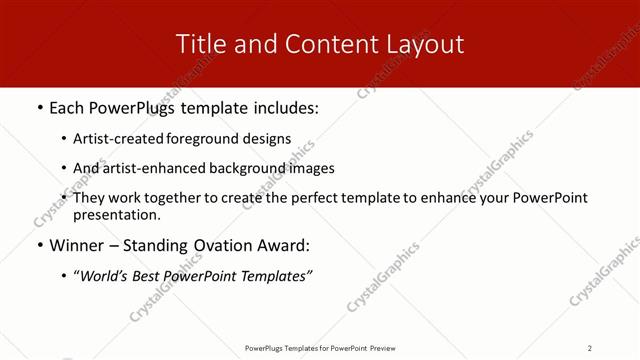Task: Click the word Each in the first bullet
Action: tap(67, 107)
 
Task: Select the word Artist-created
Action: tap(120, 139)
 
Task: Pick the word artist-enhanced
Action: tap(153, 168)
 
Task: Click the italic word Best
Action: tap(152, 276)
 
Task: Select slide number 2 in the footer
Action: tap(589, 348)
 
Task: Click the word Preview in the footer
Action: tap(383, 348)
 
